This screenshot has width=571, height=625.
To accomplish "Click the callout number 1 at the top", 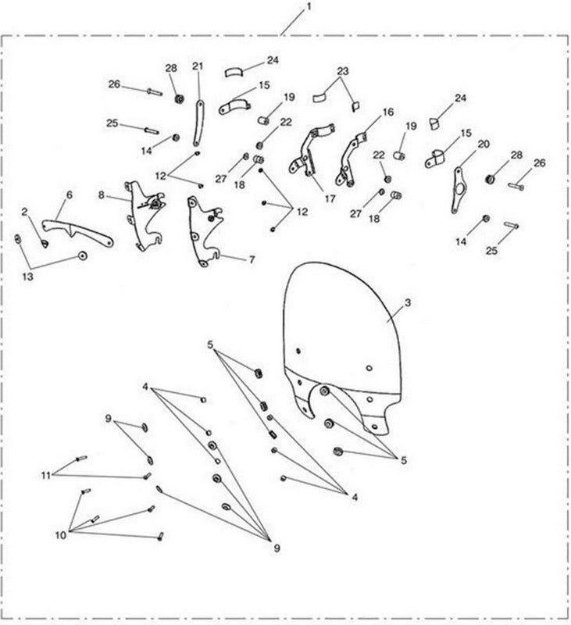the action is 309,7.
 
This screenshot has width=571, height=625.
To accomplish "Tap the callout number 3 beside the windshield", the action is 408,303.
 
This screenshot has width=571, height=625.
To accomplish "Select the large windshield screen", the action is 342,347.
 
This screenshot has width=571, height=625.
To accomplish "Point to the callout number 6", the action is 70,195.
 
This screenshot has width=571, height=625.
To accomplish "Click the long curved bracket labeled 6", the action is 77,232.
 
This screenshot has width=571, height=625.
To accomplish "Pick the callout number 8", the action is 102,195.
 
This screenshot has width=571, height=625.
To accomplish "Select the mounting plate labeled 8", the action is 145,216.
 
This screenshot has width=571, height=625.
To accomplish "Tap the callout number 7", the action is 252,260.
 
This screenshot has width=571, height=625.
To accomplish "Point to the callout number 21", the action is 198,66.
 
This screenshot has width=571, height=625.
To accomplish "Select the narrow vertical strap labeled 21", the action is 198,123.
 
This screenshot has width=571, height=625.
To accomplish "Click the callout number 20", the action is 484,145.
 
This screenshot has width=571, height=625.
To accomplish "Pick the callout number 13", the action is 27,277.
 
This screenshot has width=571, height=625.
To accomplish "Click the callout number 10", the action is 61,535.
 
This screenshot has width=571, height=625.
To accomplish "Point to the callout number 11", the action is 46,476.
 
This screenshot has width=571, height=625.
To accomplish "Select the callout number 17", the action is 330,198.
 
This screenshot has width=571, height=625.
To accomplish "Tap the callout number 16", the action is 388,112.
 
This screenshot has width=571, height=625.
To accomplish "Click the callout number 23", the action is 343,71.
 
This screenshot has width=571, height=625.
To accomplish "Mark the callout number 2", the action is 25,212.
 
